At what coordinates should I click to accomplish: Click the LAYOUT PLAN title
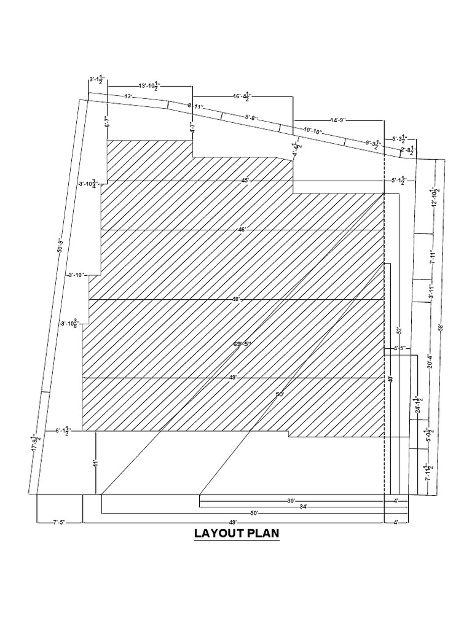[237, 533]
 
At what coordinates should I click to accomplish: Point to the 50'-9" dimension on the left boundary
[60, 246]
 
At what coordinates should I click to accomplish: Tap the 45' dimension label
[245, 181]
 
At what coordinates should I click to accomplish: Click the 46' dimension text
[242, 230]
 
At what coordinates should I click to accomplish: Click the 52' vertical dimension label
[399, 330]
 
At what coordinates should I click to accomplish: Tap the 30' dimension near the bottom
[291, 501]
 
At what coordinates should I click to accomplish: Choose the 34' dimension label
[303, 507]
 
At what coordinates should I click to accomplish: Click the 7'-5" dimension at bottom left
[59, 523]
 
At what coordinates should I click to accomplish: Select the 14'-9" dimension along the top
[339, 120]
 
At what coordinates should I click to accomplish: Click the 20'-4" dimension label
[430, 362]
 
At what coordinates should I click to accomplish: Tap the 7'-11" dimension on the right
[433, 257]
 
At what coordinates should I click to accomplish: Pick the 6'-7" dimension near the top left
[106, 121]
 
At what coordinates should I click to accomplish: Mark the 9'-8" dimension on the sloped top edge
[251, 117]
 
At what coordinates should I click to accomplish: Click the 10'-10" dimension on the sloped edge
[313, 131]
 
